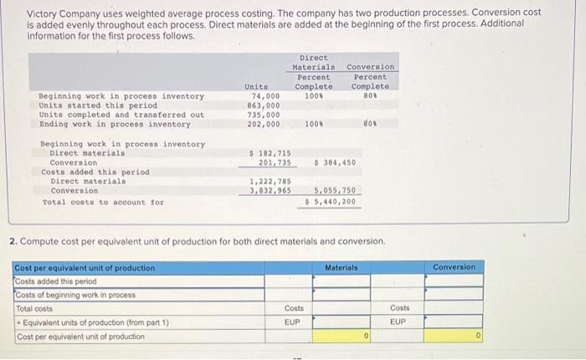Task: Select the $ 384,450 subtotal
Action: point(335,162)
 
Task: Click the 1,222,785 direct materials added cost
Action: point(270,182)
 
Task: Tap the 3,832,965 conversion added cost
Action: point(270,191)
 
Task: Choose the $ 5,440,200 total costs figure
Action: point(333,201)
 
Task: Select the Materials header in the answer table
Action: point(342,267)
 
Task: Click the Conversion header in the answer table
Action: point(454,267)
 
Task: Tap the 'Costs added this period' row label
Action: point(54,281)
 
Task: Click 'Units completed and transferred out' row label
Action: point(121,115)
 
